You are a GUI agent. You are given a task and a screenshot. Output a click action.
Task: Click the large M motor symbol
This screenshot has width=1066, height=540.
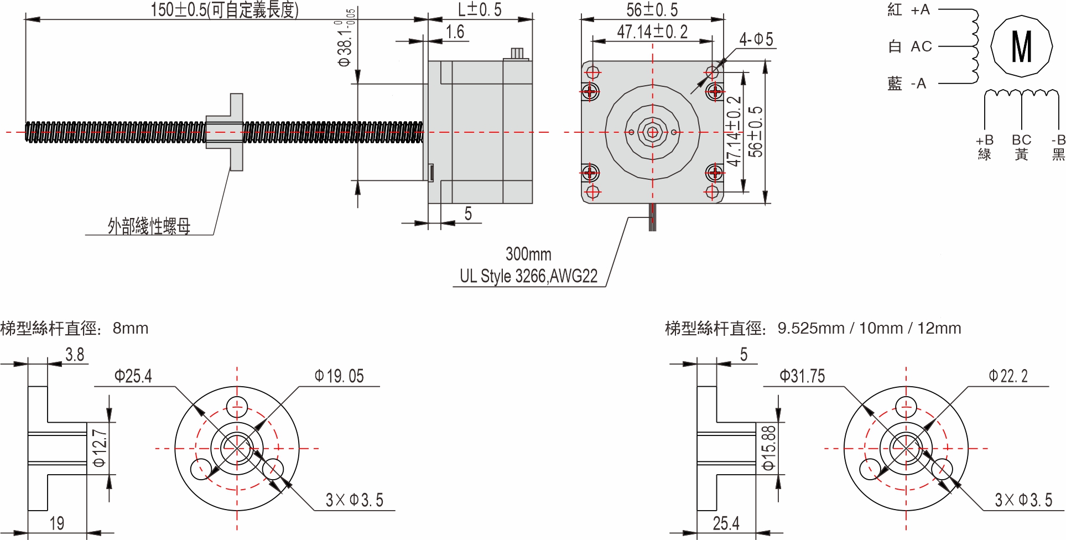point(1021,47)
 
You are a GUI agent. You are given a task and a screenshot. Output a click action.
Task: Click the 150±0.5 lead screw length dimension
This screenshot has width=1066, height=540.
point(224,10)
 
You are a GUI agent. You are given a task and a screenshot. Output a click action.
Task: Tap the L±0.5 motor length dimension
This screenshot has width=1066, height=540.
point(480,10)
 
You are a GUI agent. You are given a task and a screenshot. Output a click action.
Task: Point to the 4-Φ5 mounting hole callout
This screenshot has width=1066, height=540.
point(756,39)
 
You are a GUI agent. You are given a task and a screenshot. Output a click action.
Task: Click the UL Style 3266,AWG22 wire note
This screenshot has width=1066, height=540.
point(528,276)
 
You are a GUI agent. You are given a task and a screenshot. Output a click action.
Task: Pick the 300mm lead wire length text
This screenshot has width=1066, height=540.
point(528,255)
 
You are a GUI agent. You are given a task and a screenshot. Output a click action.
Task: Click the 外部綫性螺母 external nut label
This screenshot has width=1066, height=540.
point(149,226)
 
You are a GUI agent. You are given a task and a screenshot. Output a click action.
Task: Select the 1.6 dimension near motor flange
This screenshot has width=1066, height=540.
point(455,32)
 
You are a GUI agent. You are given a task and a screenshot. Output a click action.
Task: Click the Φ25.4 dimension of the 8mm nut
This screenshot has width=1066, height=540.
point(133,377)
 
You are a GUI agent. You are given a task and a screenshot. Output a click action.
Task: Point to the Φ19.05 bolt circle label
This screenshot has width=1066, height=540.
point(339,377)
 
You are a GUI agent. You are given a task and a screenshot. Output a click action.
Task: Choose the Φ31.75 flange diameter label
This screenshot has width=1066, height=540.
point(802,377)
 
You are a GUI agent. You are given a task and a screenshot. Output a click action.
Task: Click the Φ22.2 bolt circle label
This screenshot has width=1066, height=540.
point(1008,377)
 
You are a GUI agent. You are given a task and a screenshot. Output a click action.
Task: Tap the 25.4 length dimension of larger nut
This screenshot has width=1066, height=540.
point(726,523)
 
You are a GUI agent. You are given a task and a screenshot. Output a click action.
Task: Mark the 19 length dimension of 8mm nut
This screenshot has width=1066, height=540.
point(57,523)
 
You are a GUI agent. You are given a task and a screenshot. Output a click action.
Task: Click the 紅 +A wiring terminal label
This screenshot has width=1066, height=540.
point(908,10)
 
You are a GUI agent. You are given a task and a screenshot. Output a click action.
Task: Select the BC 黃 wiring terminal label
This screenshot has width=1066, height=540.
point(1021,147)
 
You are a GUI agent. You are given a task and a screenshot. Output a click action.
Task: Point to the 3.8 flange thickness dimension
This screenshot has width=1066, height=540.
point(75,355)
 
